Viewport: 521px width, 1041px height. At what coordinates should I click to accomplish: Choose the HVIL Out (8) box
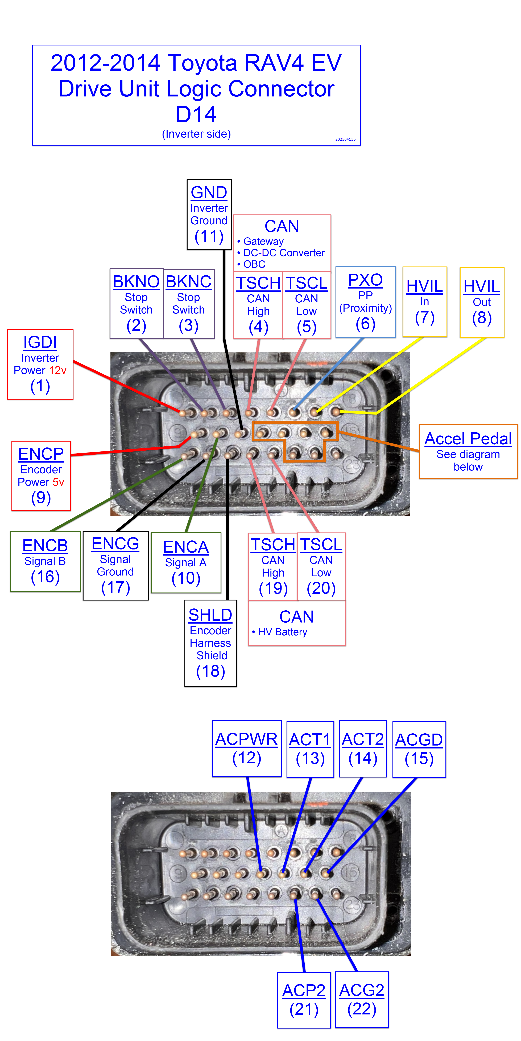coord(482,302)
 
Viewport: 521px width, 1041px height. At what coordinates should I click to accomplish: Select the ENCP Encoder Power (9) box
coord(41,476)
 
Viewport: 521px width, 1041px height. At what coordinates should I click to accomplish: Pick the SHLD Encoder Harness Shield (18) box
coord(210,642)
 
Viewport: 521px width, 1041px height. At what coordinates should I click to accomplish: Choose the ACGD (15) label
coord(419,749)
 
